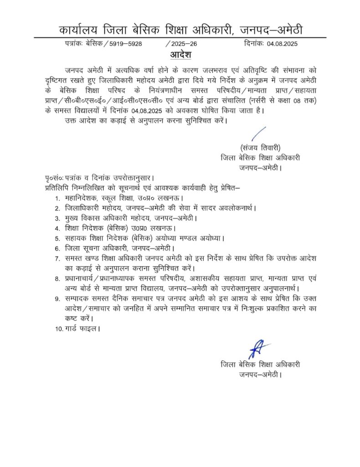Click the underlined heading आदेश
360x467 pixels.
(x=180, y=55)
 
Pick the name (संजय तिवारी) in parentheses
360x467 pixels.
(x=260, y=148)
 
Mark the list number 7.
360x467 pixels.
(x=57, y=258)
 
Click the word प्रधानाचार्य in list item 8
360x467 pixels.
(x=85, y=278)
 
